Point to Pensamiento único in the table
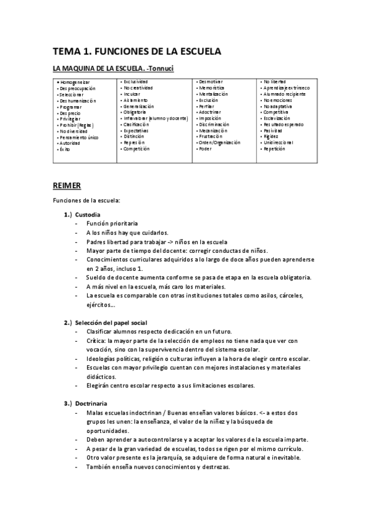tap(78, 138)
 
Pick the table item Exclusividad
tap(135, 81)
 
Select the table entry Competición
tap(137, 149)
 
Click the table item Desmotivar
tap(211, 81)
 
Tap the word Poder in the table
tap(205, 149)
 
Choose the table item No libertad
tap(274, 81)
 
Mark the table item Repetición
tap(275, 149)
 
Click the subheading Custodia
tap(96, 213)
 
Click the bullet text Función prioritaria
tap(112, 223)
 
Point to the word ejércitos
tap(101, 305)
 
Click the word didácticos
tap(101, 376)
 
